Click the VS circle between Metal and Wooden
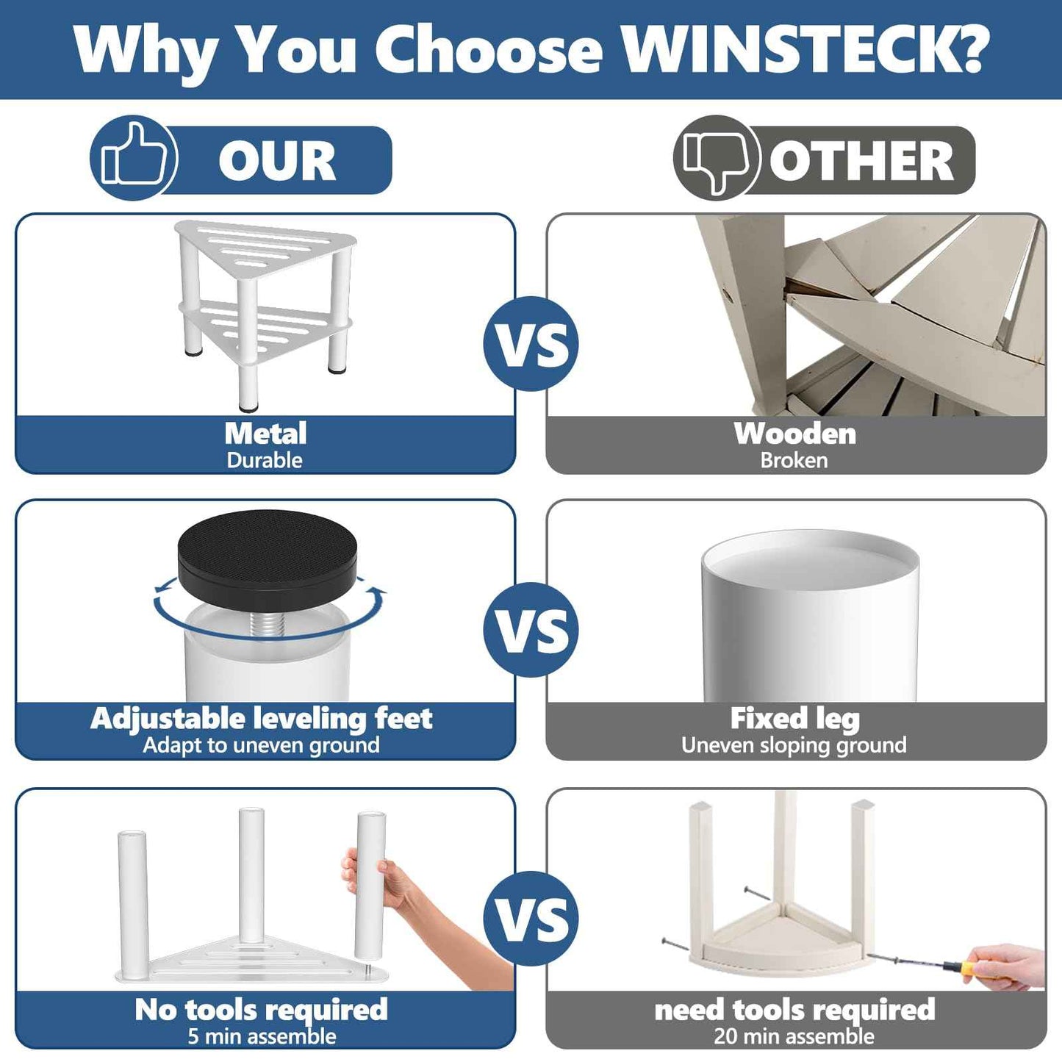pyautogui.click(x=531, y=344)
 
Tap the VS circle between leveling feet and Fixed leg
pyautogui.click(x=531, y=630)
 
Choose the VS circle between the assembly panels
pyautogui.click(x=531, y=919)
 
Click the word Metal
pyautogui.click(x=265, y=433)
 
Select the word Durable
pyautogui.click(x=265, y=460)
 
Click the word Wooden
pyautogui.click(x=795, y=433)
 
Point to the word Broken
pyautogui.click(x=794, y=460)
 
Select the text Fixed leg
pyautogui.click(x=794, y=719)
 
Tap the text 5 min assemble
pyautogui.click(x=262, y=1036)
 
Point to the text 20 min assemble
pyautogui.click(x=794, y=1036)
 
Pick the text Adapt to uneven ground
pyautogui.click(x=261, y=745)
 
